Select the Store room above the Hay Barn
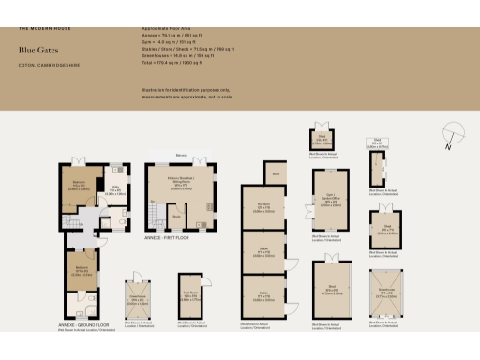tap(277, 173)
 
